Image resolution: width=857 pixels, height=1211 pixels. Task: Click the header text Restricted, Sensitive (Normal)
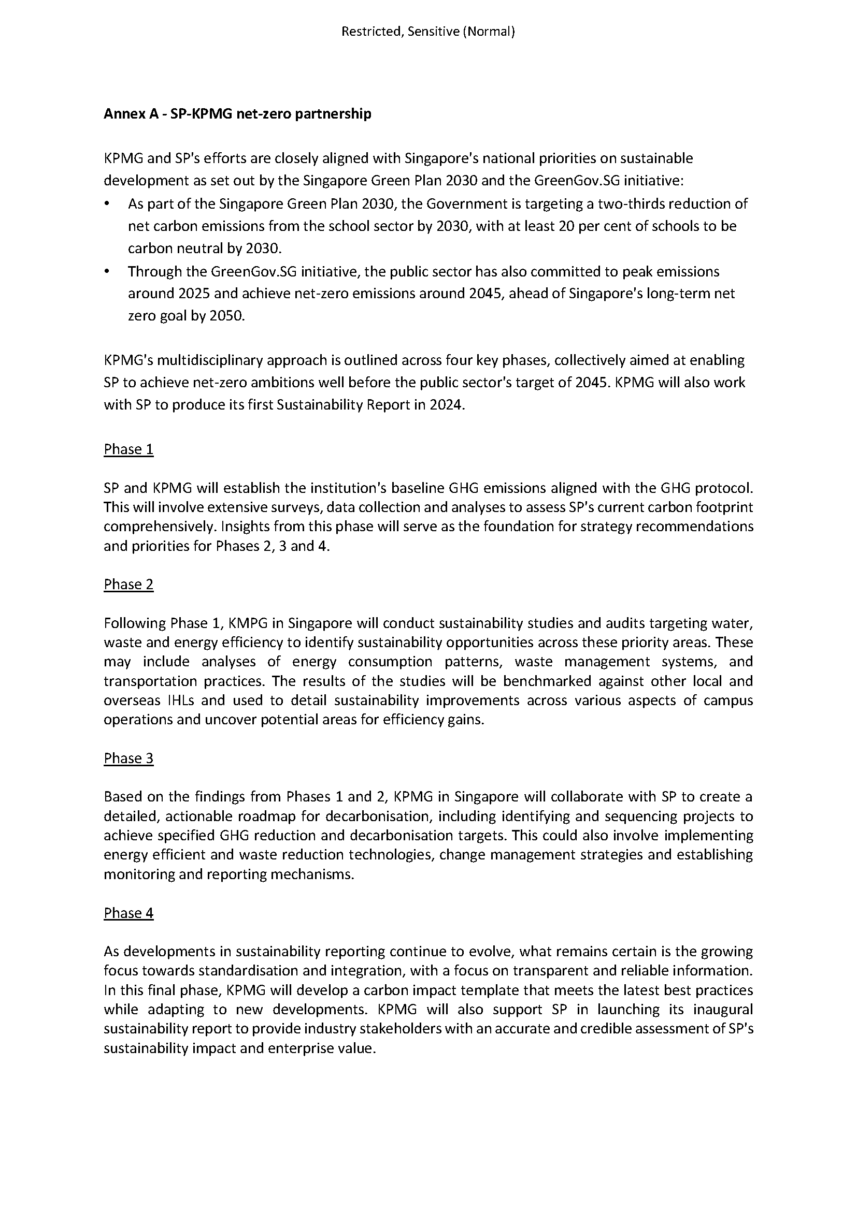pyautogui.click(x=428, y=32)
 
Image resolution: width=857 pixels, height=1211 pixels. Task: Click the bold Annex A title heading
pyautogui.click(x=237, y=114)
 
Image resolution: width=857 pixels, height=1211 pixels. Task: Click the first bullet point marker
pyautogui.click(x=108, y=204)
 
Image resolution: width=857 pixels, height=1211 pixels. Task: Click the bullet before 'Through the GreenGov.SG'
pyautogui.click(x=108, y=272)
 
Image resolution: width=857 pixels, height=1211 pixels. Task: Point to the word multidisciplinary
pyautogui.click(x=209, y=361)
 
